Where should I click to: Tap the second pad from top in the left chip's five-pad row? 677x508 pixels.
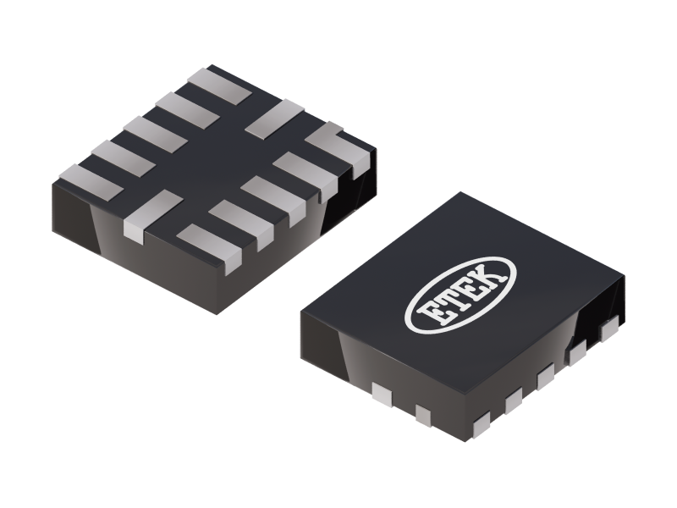click(x=183, y=108)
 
